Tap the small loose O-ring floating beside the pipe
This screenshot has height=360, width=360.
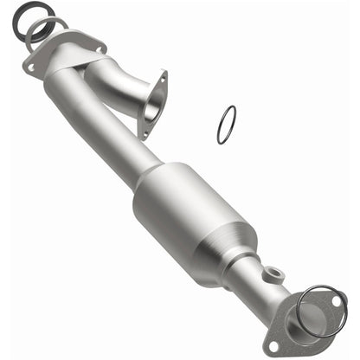click(227, 125)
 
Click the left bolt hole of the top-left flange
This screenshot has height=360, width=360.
click(32, 66)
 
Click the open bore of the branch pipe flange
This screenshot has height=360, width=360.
click(151, 109)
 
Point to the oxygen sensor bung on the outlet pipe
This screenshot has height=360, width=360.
click(274, 276)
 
